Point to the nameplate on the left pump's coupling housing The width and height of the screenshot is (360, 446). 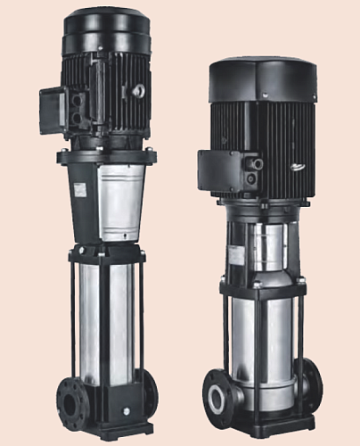click(80, 190)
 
